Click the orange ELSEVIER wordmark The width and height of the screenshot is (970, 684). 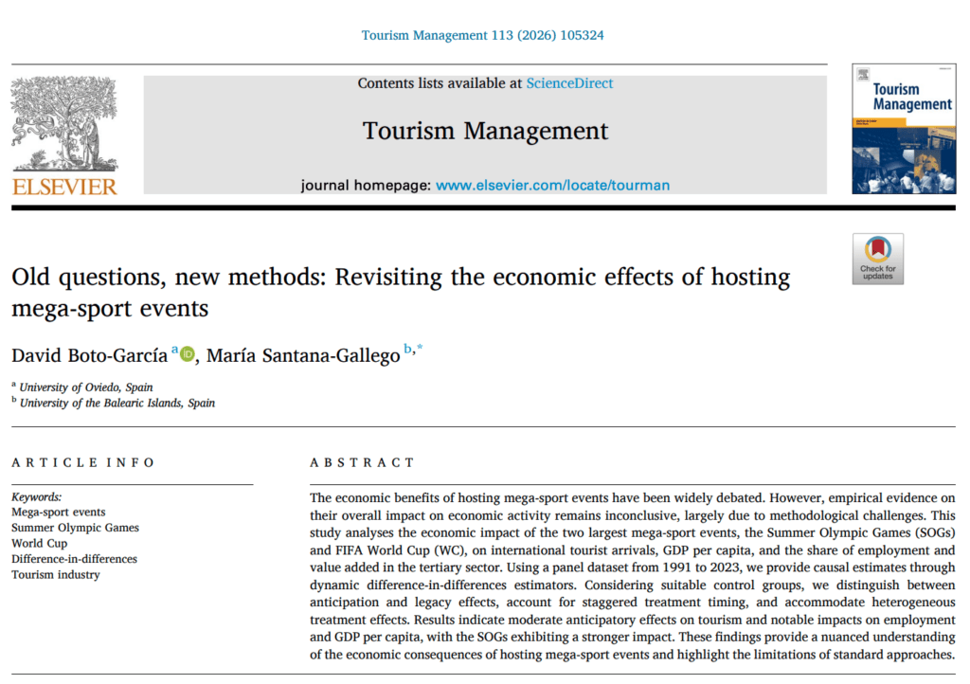(64, 186)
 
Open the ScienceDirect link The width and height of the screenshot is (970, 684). (569, 83)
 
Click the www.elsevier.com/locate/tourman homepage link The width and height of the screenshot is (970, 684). (552, 185)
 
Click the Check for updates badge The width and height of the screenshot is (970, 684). (877, 259)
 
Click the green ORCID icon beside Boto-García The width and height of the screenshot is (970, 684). (187, 354)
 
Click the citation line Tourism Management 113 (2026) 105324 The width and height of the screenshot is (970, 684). (483, 35)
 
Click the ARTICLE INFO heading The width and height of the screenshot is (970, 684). (82, 462)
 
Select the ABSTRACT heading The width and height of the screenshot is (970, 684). (362, 462)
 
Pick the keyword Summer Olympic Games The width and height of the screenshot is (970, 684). (75, 528)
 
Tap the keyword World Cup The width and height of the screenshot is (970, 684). (40, 544)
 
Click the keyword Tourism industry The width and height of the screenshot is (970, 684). (55, 574)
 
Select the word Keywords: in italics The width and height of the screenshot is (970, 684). (36, 496)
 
